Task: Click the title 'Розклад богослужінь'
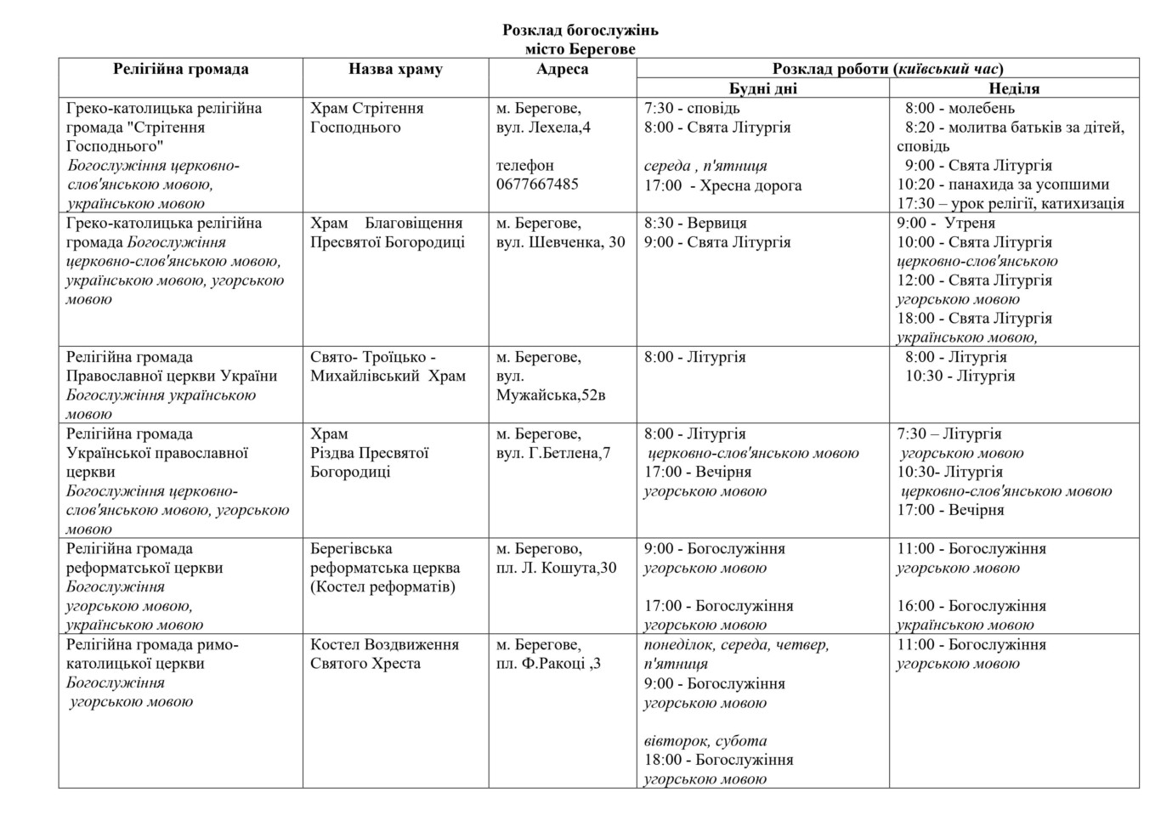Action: point(580,31)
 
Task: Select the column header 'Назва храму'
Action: point(395,70)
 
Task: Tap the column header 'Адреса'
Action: point(562,70)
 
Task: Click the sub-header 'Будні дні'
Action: point(762,88)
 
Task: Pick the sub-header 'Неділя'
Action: point(1014,88)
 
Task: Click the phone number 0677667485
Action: point(537,184)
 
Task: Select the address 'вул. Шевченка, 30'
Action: point(560,242)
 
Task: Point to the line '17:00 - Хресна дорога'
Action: point(722,185)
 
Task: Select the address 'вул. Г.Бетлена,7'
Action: point(553,453)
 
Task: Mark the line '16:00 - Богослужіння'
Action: point(971,606)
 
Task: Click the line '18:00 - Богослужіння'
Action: point(718,760)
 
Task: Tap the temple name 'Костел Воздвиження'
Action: point(384,645)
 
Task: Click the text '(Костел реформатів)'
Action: point(382,586)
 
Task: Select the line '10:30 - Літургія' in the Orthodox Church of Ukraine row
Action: point(960,376)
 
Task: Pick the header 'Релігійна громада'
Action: point(180,70)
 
